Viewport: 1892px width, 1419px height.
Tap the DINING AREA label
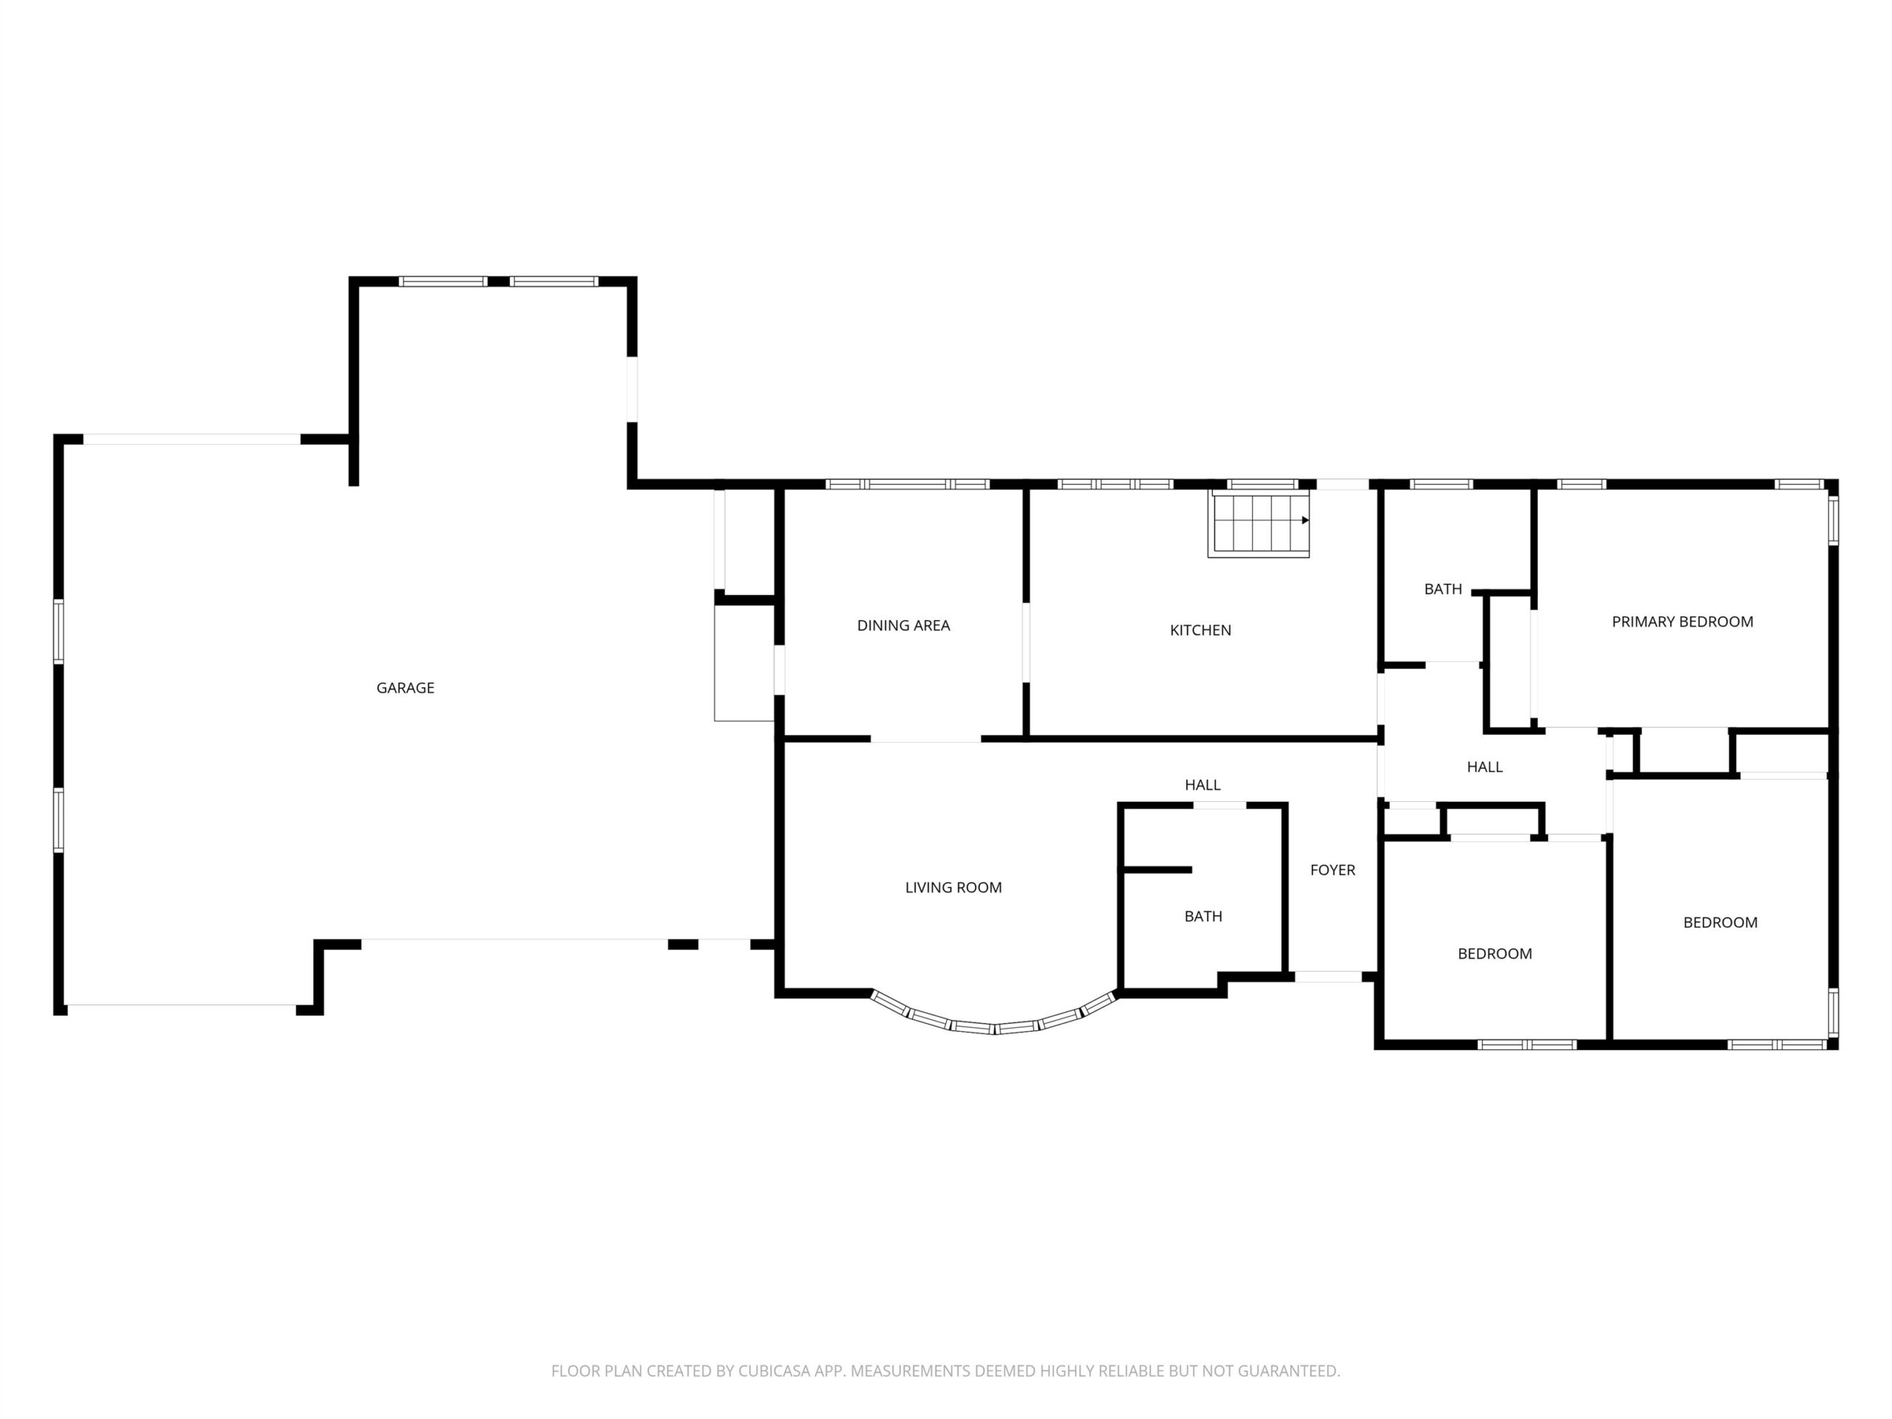tap(903, 625)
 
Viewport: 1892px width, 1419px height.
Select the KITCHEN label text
tap(1200, 630)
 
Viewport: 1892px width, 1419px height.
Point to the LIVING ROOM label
tap(953, 888)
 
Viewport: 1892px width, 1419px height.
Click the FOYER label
tap(1333, 870)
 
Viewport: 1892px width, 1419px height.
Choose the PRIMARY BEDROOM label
tap(1682, 622)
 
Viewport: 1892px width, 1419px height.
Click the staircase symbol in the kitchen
tap(1258, 523)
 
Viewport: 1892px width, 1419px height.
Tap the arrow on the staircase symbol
tap(1305, 520)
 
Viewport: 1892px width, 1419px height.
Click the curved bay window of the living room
tap(994, 1026)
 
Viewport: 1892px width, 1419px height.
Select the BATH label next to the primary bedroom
tap(1443, 589)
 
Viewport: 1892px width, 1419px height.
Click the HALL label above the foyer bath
tap(1202, 784)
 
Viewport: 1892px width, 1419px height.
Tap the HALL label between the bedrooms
tap(1484, 767)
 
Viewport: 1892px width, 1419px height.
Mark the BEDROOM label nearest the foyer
tap(1494, 953)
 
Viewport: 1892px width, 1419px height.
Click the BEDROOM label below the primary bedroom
tap(1720, 922)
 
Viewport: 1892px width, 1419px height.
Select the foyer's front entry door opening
tap(1327, 977)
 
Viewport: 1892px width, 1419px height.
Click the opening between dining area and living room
tap(925, 738)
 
